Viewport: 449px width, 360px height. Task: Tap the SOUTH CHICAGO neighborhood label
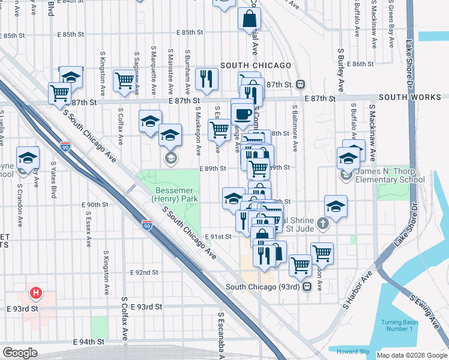256,65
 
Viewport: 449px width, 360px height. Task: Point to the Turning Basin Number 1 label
399,326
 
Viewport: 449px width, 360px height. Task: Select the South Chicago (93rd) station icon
307,287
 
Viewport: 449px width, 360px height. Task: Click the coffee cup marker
243,112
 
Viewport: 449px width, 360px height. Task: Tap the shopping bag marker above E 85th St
249,19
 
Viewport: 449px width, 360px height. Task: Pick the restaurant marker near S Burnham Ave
206,78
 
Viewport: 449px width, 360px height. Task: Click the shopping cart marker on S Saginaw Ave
124,79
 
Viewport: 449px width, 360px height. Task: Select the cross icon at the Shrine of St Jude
323,225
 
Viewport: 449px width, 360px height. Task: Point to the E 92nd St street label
144,272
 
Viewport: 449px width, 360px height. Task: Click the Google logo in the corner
20,353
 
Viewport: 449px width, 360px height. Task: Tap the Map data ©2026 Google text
411,355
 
